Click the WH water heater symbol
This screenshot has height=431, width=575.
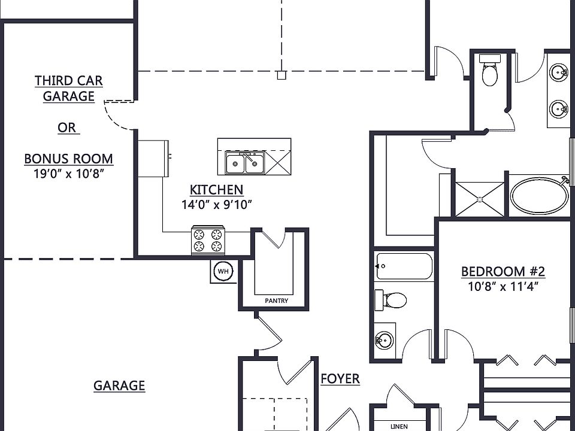tap(223, 272)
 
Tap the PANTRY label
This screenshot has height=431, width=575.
tap(277, 301)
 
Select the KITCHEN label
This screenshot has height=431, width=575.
tap(216, 190)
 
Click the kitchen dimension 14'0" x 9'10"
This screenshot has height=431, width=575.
tap(217, 205)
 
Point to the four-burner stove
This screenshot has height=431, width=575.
tap(208, 240)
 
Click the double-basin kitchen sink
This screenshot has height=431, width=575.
tap(244, 163)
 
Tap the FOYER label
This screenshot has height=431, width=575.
tap(340, 378)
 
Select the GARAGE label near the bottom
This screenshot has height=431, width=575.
tap(119, 386)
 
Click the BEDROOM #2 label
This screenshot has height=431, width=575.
tap(503, 272)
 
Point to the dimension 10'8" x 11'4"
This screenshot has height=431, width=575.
tap(503, 286)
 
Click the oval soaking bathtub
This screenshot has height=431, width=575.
tap(540, 196)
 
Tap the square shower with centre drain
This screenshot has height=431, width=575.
tap(480, 199)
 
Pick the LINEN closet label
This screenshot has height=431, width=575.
tap(399, 427)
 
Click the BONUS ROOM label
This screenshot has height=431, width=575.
tap(68, 159)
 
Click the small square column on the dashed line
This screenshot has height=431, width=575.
tap(282, 75)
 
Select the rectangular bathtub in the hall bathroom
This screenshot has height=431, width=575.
tap(404, 266)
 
